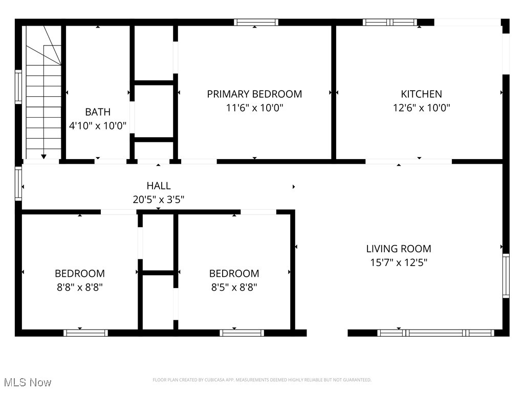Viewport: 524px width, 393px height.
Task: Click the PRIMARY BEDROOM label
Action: click(x=254, y=94)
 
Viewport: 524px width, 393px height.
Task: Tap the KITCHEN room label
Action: click(x=421, y=94)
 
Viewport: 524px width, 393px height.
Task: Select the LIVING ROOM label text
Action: click(x=399, y=249)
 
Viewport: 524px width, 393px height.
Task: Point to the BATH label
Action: click(x=97, y=112)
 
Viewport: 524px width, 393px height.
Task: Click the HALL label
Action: click(x=159, y=186)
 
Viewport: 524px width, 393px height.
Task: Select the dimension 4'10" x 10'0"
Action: click(x=97, y=126)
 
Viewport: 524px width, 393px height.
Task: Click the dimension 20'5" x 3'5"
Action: click(x=159, y=200)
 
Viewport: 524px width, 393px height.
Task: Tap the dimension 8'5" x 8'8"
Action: click(x=234, y=288)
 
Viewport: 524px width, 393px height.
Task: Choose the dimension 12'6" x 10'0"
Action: click(x=421, y=108)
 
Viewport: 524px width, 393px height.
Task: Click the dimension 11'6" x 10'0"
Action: click(x=254, y=108)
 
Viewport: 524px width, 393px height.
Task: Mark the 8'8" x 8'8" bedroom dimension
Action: click(x=80, y=288)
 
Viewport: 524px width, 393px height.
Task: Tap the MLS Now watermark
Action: click(x=28, y=382)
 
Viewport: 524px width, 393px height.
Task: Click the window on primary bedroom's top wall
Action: click(x=256, y=23)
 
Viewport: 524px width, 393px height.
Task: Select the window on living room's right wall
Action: click(x=506, y=276)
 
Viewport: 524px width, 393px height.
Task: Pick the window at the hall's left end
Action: click(x=19, y=184)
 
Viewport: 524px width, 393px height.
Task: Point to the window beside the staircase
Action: click(x=19, y=87)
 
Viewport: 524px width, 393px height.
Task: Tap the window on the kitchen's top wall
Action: click(x=390, y=23)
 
